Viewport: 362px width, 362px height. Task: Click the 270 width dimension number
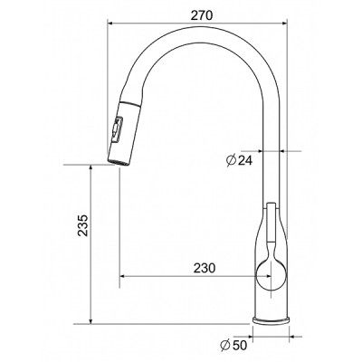[x=202, y=15]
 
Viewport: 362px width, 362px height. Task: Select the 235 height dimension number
[x=82, y=225]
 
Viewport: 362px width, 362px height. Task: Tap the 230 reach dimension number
[x=205, y=268]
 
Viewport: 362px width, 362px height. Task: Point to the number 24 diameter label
[x=244, y=161]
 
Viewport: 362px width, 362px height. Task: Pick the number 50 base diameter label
[x=240, y=345]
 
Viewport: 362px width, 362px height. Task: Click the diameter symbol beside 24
[x=231, y=160]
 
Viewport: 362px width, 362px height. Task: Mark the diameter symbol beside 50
[x=226, y=345]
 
